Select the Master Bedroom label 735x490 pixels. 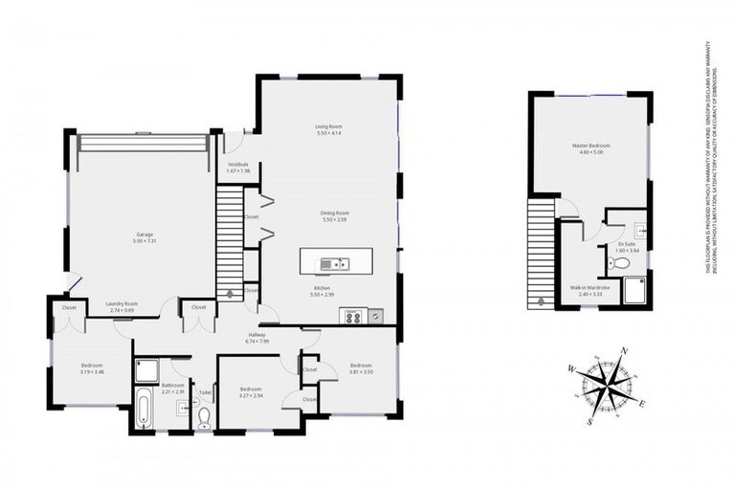point(590,146)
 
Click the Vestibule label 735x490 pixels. point(237,165)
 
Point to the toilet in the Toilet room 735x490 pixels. point(204,416)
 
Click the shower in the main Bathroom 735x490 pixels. point(147,369)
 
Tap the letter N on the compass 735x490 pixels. point(624,351)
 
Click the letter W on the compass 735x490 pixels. point(571,367)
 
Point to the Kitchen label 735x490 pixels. point(323,287)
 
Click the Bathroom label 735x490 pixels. point(172,385)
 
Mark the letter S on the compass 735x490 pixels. point(590,420)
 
